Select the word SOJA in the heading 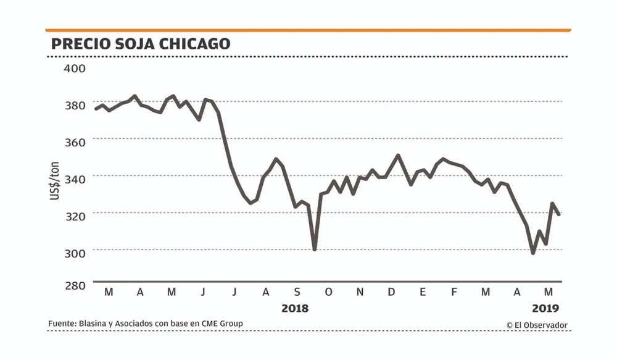pyautogui.click(x=135, y=44)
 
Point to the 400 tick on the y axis pyautogui.click(x=75, y=68)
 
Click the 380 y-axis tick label pyautogui.click(x=75, y=105)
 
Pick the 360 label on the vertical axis pyautogui.click(x=75, y=141)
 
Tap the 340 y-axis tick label pyautogui.click(x=75, y=178)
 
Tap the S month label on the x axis pyautogui.click(x=297, y=292)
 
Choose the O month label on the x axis pyautogui.click(x=328, y=292)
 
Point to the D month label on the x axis pyautogui.click(x=391, y=292)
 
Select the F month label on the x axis pyautogui.click(x=453, y=292)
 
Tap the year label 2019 pyautogui.click(x=545, y=307)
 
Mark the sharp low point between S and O pyautogui.click(x=315, y=249)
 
